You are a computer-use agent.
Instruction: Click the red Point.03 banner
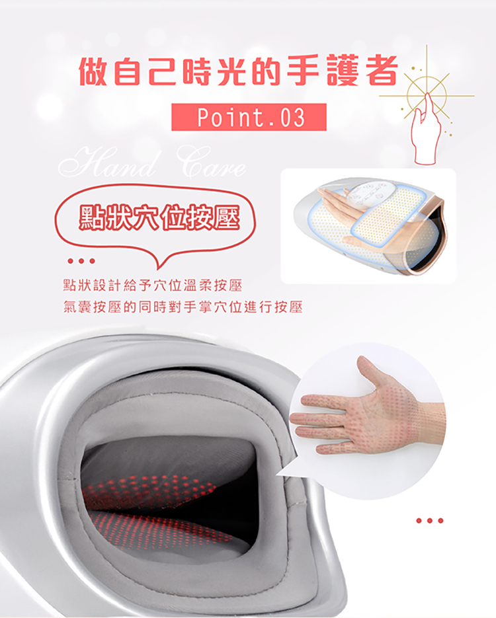pos(249,117)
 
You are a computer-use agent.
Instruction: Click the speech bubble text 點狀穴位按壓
pos(157,217)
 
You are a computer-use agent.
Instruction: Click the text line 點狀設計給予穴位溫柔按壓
pos(152,286)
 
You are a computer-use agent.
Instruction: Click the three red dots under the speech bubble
pos(79,260)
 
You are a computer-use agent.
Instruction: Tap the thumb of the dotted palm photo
pos(374,373)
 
